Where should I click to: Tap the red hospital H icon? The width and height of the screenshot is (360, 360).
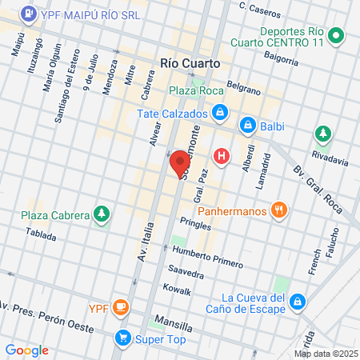222,156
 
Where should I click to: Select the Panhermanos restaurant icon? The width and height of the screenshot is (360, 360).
279,210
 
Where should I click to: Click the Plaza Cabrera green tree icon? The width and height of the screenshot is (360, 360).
102,214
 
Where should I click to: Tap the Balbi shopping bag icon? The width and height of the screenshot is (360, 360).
249,126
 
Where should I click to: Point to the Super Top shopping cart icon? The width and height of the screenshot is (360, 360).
122,337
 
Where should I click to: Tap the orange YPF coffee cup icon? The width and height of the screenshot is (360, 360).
121,306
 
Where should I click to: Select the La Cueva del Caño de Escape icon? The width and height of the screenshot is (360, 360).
297,302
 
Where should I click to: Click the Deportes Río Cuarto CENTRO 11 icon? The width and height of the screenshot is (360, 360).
337,35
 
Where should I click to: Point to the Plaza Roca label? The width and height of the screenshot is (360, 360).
195,91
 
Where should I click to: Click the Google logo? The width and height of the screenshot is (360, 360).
27,350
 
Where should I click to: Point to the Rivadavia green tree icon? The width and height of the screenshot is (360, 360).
323,133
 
